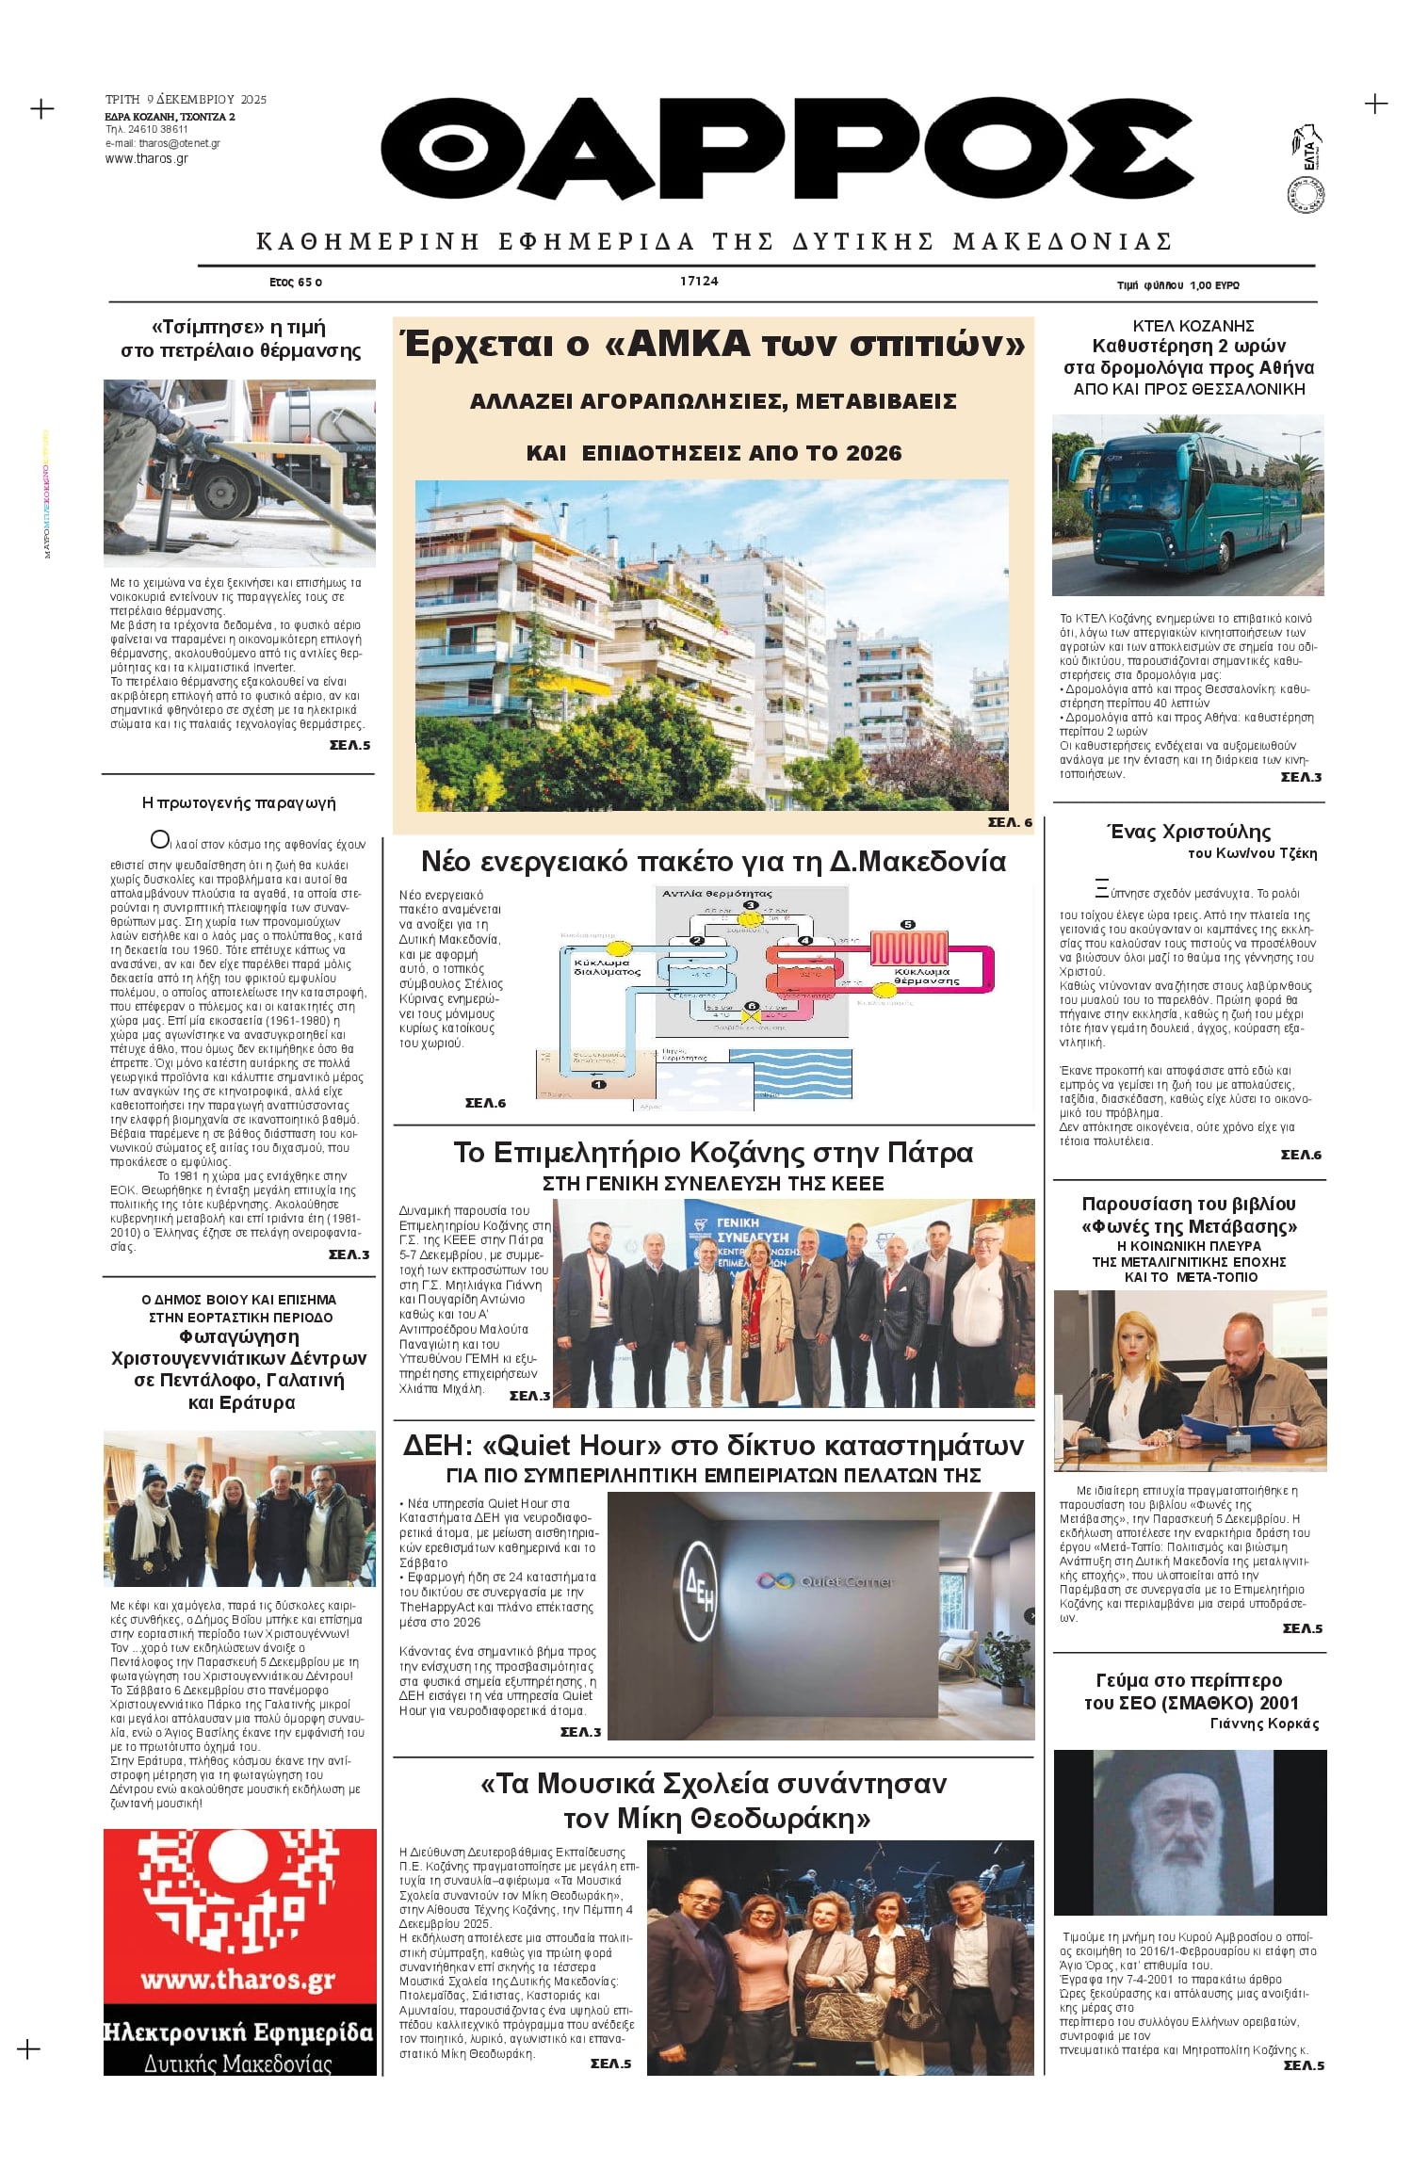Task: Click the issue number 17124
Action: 699,281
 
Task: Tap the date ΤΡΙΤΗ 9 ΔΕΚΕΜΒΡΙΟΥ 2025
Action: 186,99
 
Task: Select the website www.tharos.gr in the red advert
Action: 238,1980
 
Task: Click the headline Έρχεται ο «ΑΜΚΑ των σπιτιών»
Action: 713,344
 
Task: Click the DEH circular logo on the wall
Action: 699,1576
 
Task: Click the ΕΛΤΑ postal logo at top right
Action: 1307,151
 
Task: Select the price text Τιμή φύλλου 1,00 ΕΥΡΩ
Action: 1177,284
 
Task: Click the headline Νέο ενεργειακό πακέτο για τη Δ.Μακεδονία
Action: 713,862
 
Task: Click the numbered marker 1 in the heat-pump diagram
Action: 598,1084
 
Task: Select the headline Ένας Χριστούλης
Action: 1188,832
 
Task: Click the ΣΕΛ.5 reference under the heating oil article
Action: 349,745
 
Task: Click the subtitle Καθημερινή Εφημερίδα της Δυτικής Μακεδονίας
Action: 713,242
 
